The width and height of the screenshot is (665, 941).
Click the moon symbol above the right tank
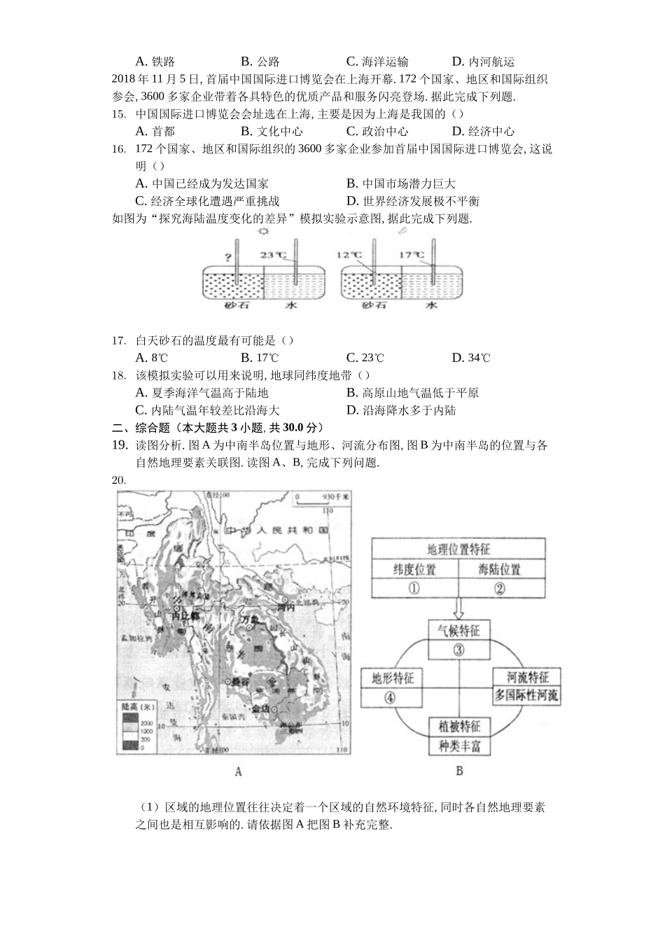(x=402, y=231)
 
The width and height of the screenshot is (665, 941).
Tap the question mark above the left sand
(x=227, y=256)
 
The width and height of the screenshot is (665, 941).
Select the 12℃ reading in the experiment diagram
(x=349, y=256)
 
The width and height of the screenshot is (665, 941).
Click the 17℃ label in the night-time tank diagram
(x=412, y=256)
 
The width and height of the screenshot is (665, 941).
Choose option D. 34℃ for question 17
(x=471, y=358)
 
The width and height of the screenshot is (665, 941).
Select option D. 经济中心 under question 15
(x=483, y=131)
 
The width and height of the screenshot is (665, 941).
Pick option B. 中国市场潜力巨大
(x=401, y=183)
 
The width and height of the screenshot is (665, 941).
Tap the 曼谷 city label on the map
(x=241, y=681)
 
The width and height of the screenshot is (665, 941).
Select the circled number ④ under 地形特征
(x=389, y=697)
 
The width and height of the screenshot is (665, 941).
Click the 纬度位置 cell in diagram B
(x=414, y=569)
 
